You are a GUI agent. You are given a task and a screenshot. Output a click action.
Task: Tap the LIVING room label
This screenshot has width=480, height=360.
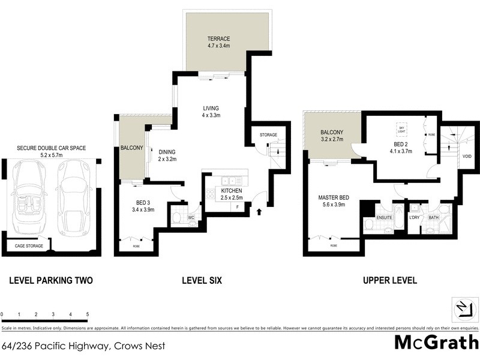coord(212,109)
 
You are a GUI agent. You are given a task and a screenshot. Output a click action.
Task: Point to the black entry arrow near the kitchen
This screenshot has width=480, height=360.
coord(259,211)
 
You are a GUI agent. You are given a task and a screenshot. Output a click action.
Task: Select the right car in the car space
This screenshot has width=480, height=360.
coord(75,199)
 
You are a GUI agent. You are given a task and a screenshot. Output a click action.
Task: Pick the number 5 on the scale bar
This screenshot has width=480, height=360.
coord(88,314)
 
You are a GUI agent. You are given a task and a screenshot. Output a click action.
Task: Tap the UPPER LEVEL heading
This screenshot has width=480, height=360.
coord(389,280)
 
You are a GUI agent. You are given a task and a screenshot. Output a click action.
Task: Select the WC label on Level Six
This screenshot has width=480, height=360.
coord(191,218)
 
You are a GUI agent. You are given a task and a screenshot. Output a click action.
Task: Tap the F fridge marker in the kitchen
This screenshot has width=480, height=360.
coord(238,207)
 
